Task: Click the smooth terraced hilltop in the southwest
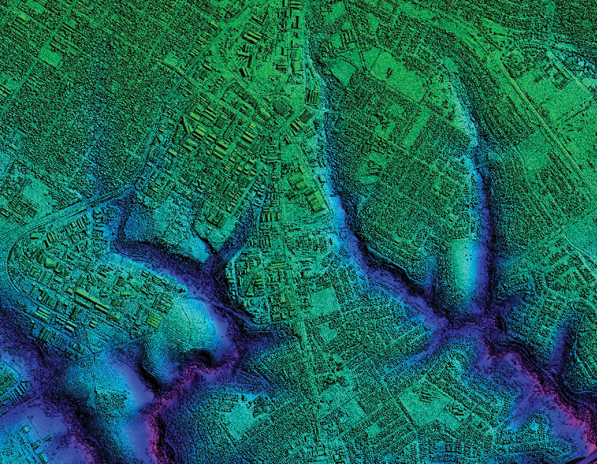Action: pyautogui.click(x=195, y=321)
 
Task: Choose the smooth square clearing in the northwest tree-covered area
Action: pyautogui.click(x=51, y=59)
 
